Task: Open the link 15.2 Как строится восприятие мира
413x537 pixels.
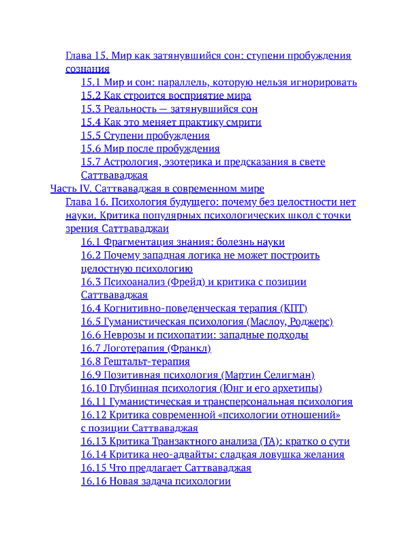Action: [x=166, y=96]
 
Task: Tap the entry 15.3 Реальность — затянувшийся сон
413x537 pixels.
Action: [x=169, y=109]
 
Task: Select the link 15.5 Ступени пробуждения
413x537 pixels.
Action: [x=145, y=135]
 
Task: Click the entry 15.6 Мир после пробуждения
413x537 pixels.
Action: [x=150, y=149]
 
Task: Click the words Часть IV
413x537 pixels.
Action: [x=71, y=188]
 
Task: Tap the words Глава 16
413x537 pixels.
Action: [x=86, y=202]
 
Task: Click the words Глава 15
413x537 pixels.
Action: [x=86, y=56]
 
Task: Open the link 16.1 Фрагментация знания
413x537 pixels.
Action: [x=182, y=242]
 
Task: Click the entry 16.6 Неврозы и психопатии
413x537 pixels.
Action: [x=194, y=335]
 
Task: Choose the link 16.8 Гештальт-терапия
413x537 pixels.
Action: [x=135, y=362]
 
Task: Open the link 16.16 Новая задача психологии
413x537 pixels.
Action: [x=155, y=481]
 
